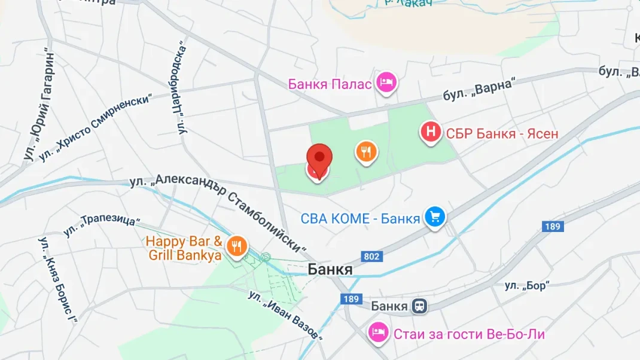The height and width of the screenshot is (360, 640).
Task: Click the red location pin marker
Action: (319, 159)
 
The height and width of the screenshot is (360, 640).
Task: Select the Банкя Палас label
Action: (330, 84)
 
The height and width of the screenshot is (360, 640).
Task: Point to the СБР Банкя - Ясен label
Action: (502, 133)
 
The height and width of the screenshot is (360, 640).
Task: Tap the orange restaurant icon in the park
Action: (366, 152)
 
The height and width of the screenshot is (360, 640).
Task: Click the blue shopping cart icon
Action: (435, 218)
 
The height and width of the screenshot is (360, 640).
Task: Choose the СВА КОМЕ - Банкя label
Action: (360, 219)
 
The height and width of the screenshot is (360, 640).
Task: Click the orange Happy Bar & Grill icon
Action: (237, 245)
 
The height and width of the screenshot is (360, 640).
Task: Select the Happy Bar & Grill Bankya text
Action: (184, 249)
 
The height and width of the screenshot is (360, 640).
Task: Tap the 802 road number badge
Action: (371, 257)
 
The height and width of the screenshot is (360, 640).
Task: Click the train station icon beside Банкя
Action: (419, 306)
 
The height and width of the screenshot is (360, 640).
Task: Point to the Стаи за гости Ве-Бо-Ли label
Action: (469, 334)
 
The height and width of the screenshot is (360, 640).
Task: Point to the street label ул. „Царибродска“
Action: (183, 87)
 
